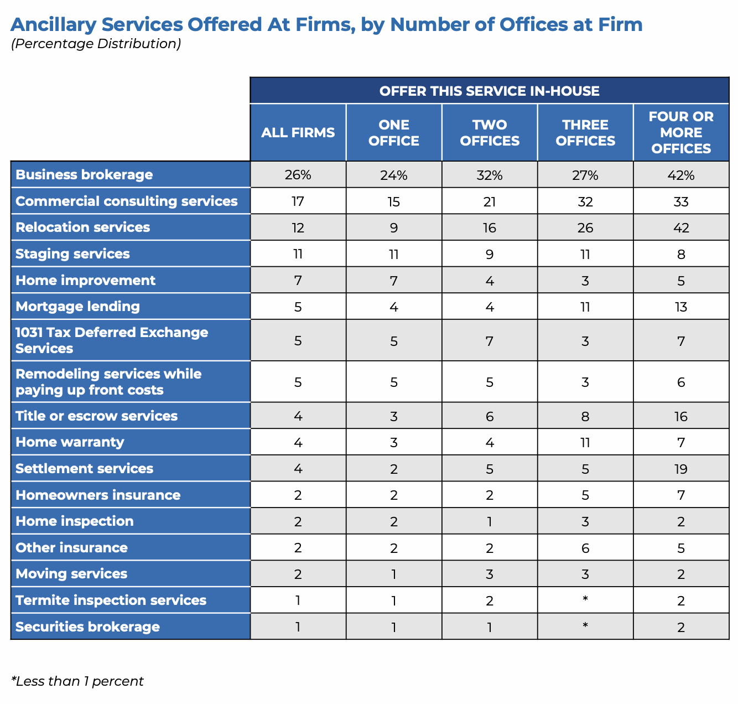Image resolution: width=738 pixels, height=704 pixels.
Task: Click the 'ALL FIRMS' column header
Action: pos(298,133)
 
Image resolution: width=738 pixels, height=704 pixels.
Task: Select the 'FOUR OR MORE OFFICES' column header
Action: pos(681,133)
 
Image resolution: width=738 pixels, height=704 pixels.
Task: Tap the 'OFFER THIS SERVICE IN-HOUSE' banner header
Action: pos(489,91)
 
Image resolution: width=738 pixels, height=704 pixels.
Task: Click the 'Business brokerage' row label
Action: pos(84,175)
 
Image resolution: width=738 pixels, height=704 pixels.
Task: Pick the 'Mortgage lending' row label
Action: pos(77,307)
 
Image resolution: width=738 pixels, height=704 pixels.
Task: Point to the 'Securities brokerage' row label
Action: pos(87,627)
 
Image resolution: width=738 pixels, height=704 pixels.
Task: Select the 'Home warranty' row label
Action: pos(70,442)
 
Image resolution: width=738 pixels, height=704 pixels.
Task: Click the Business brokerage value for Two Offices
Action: pos(490,175)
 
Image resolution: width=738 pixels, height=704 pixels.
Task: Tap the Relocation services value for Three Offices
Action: pos(585,228)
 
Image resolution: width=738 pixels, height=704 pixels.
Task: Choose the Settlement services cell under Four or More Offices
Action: pos(681,469)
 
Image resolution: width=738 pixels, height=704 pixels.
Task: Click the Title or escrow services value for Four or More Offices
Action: pos(681,417)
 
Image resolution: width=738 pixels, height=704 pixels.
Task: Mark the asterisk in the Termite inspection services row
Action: pos(585,600)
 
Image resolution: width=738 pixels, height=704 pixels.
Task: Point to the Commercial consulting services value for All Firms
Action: pos(298,201)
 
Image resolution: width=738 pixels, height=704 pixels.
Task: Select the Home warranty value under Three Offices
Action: pos(585,443)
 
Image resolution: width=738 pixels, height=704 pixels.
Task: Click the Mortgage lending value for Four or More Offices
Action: pos(681,307)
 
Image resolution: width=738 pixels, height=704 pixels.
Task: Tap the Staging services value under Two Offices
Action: pos(490,255)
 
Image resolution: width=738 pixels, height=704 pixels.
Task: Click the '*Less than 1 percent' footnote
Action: pos(77,681)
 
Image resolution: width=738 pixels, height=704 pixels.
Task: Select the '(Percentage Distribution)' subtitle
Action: pos(96,44)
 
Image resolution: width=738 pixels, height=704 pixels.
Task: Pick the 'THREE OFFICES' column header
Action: pos(585,133)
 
